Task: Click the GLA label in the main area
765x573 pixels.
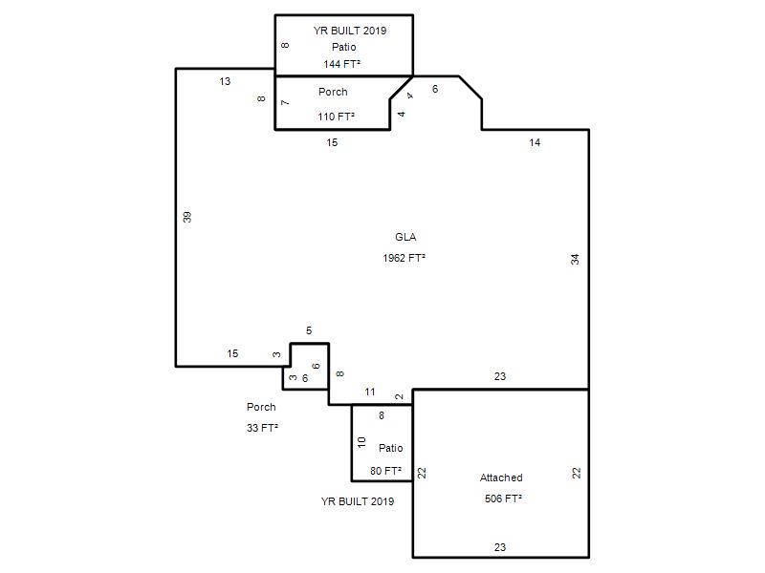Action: coord(405,237)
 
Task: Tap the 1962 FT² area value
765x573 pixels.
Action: coord(404,258)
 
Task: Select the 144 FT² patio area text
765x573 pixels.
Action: coord(342,64)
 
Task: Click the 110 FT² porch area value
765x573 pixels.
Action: coord(337,117)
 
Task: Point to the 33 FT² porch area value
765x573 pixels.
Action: coord(262,428)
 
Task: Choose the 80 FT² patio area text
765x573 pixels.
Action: coord(386,471)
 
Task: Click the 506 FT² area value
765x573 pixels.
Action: coord(504,499)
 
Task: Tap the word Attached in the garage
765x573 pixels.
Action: coord(501,477)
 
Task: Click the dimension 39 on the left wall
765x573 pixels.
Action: coord(186,217)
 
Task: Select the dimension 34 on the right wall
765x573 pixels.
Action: coord(576,259)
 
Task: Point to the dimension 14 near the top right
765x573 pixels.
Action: coord(535,142)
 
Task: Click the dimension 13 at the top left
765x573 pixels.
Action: coord(225,81)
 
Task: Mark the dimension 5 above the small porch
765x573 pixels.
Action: coord(309,330)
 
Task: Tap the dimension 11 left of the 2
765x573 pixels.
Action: coord(370,392)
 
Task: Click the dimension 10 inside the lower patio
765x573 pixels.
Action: coord(361,442)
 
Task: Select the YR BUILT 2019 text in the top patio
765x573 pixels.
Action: coord(350,31)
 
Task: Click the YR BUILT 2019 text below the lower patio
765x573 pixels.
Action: coord(358,501)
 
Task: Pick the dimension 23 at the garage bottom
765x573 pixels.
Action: coord(500,547)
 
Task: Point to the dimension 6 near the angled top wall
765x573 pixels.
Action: coord(435,89)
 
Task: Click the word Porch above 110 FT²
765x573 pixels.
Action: coord(333,92)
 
